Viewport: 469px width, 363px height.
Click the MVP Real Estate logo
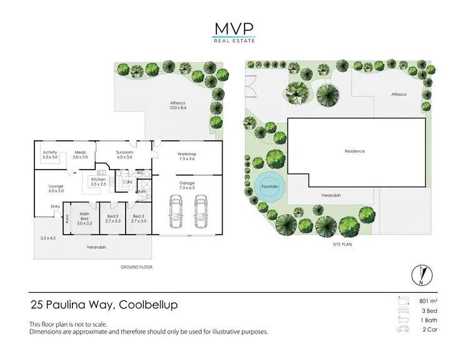coord(234,31)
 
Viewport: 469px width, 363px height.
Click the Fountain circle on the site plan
coord(270,186)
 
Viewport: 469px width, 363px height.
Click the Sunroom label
coord(124,155)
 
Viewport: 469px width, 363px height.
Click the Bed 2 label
coord(112,218)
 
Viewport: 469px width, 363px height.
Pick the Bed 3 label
coord(138,218)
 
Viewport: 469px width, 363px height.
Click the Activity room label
coord(50,155)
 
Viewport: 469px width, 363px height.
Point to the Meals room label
coord(79,155)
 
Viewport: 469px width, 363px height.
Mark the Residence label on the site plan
coord(355,151)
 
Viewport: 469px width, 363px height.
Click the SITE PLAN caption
coord(343,245)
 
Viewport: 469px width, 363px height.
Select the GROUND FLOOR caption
coord(137,267)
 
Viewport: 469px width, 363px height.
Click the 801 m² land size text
coord(427,301)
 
